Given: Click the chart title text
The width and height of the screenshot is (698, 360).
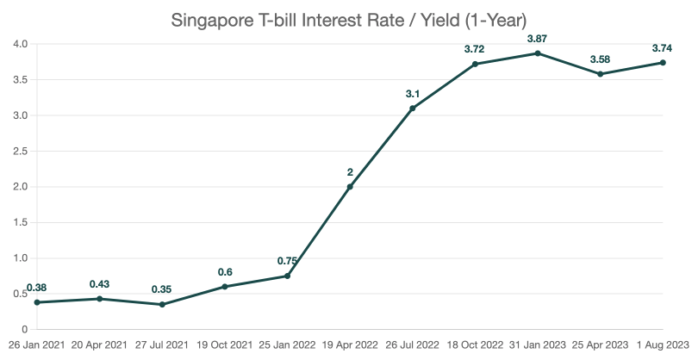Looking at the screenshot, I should point(348,19).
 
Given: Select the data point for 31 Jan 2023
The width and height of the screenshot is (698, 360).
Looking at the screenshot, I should point(537,53).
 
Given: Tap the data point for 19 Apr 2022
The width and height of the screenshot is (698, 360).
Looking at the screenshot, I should point(350,187).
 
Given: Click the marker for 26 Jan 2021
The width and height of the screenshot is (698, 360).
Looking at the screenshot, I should point(37,302).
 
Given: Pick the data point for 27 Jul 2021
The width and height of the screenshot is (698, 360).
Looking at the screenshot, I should point(162,305).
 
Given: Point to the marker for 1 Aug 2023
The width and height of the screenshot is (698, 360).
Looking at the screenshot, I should point(662,63).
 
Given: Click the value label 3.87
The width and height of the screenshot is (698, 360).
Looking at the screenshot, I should point(537,39).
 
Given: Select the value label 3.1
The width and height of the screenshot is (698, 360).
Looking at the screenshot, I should point(412,94).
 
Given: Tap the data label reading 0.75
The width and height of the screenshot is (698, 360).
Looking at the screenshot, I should point(287,261).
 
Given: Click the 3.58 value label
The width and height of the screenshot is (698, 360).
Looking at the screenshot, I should point(600,59).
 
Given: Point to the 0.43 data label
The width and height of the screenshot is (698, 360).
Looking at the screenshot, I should point(100,284).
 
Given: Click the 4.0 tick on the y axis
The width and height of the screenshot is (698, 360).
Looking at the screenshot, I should point(20,44).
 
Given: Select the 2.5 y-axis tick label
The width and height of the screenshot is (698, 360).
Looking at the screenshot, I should point(20,152).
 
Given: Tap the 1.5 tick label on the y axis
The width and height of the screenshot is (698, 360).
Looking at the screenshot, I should point(20,223).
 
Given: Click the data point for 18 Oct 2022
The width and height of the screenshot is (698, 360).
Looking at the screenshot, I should point(475,64).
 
